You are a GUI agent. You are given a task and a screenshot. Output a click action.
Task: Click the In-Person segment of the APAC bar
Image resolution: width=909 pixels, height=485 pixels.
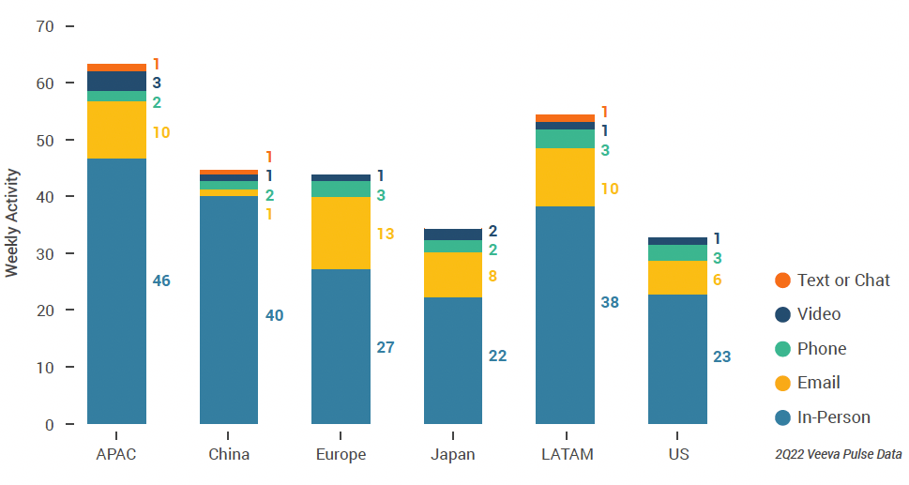pyautogui.click(x=116, y=291)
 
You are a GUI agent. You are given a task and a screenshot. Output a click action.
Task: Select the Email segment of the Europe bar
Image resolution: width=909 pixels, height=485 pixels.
pyautogui.click(x=341, y=233)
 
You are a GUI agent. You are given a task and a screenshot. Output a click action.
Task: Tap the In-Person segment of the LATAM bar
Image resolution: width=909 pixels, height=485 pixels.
pyautogui.click(x=565, y=314)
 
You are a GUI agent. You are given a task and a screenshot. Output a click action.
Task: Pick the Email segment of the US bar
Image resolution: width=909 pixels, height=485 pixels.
pyautogui.click(x=677, y=277)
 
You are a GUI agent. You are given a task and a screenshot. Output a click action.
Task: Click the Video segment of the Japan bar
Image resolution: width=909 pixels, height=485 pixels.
pyautogui.click(x=453, y=234)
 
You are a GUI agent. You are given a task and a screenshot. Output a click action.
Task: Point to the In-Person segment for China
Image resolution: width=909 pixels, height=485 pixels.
pyautogui.click(x=229, y=310)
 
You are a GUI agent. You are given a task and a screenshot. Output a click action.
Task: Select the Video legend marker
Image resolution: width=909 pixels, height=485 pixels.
pyautogui.click(x=782, y=314)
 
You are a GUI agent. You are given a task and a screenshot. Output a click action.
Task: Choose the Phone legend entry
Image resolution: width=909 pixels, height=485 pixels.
pyautogui.click(x=821, y=349)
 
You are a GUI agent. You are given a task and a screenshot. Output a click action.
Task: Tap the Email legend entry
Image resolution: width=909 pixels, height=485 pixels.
pyautogui.click(x=818, y=383)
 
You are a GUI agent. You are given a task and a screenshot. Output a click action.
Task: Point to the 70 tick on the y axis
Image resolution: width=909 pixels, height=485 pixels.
pyautogui.click(x=45, y=26)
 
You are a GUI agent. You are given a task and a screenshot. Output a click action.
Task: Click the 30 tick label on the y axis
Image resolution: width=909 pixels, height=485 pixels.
pyautogui.click(x=45, y=253)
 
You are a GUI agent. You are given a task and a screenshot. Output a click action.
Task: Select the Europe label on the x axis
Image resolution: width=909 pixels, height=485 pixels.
pyautogui.click(x=341, y=455)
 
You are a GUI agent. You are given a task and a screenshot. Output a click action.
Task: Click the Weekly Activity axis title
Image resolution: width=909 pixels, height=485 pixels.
pyautogui.click(x=12, y=223)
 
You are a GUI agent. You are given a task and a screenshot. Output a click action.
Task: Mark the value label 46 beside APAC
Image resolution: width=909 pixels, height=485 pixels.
pyautogui.click(x=161, y=280)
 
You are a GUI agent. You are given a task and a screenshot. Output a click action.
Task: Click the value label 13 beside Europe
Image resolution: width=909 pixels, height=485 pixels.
pyautogui.click(x=385, y=234)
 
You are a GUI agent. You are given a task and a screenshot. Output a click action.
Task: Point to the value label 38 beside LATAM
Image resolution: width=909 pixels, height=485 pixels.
pyautogui.click(x=610, y=302)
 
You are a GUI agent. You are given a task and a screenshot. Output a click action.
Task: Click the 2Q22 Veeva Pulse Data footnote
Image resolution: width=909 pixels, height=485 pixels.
pyautogui.click(x=838, y=454)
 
